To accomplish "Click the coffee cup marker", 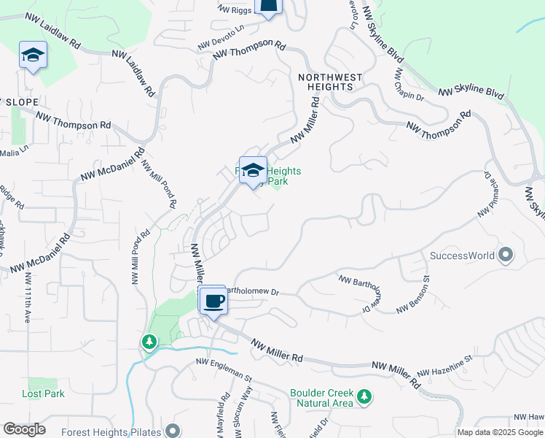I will point(213,300).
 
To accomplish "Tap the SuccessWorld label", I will point(463,256).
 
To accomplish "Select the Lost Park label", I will point(43,393).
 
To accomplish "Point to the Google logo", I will point(24,429).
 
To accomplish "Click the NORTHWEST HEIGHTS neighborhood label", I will point(326,81).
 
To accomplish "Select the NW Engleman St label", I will point(223,369).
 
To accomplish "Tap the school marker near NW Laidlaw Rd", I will point(33,55).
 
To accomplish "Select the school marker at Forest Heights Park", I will point(253,171).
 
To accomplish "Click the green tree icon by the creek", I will point(149,342).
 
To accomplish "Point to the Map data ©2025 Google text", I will point(500,432).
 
